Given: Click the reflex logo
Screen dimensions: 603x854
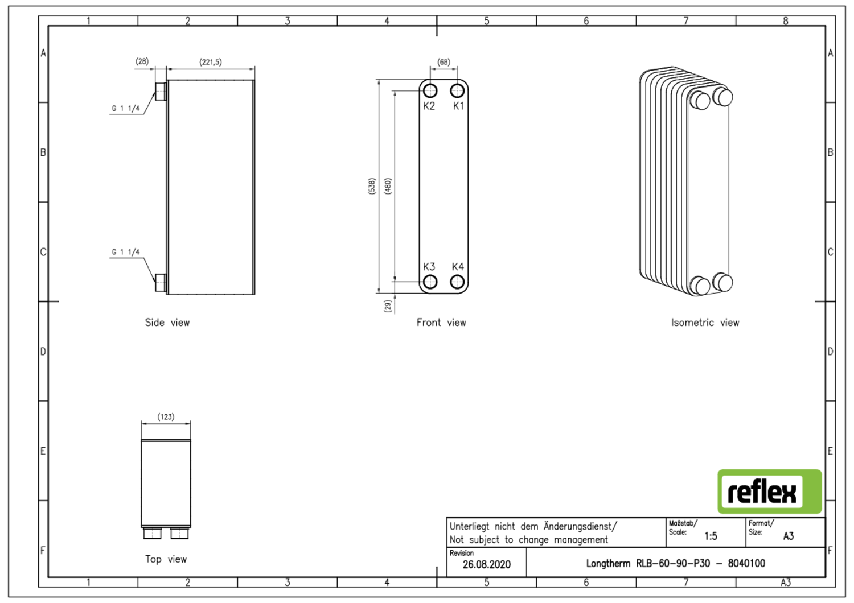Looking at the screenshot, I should [769, 492].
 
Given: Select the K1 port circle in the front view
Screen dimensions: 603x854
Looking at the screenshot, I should [457, 91].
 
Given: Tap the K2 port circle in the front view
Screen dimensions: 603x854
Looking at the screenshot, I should [430, 91].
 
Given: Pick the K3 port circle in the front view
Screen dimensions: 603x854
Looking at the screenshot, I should [430, 282].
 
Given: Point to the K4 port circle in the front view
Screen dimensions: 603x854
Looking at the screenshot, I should [457, 282].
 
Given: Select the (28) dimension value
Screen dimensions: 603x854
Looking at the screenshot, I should [142, 61].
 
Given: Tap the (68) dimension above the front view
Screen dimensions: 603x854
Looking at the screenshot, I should [444, 62].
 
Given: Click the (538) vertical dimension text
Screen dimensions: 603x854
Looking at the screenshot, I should [372, 186].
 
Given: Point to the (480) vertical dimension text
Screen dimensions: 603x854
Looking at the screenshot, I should [388, 186].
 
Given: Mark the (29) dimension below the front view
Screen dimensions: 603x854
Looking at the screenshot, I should [388, 306].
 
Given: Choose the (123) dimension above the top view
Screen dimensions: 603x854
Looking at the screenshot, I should [166, 417].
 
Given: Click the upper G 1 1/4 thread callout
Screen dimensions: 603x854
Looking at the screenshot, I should [125, 108].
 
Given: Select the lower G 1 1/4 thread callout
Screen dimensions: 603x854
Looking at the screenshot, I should [125, 252].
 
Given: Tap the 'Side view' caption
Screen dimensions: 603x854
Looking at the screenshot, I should [167, 323].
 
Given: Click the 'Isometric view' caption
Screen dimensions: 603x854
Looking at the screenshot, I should [705, 323].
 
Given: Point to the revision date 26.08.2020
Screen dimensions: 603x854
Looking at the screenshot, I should [486, 564].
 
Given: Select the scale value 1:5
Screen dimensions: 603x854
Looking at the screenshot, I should [711, 536].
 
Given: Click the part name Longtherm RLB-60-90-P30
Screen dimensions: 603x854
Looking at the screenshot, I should [648, 564].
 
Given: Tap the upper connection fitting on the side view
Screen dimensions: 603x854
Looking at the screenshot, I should [161, 91].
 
